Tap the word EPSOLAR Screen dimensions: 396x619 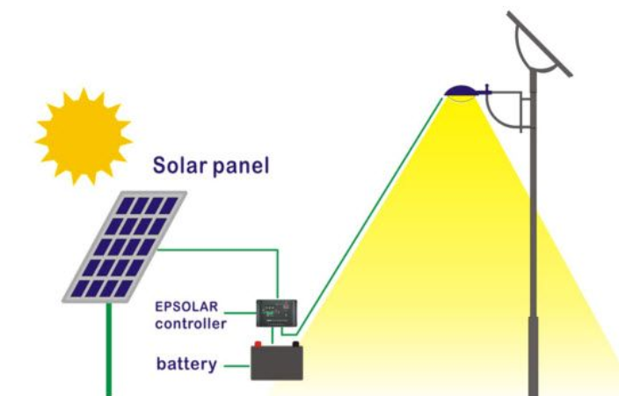[x=185, y=309]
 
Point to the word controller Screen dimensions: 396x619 [x=191, y=324]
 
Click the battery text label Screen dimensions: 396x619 [x=186, y=363]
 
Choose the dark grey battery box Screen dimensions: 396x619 [x=277, y=363]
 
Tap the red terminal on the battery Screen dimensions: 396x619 [x=259, y=344]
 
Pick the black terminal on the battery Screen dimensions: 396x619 [x=295, y=344]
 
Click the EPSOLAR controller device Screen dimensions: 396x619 [x=276, y=312]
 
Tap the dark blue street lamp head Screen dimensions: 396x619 [x=460, y=91]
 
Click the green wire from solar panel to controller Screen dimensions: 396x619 [x=220, y=251]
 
